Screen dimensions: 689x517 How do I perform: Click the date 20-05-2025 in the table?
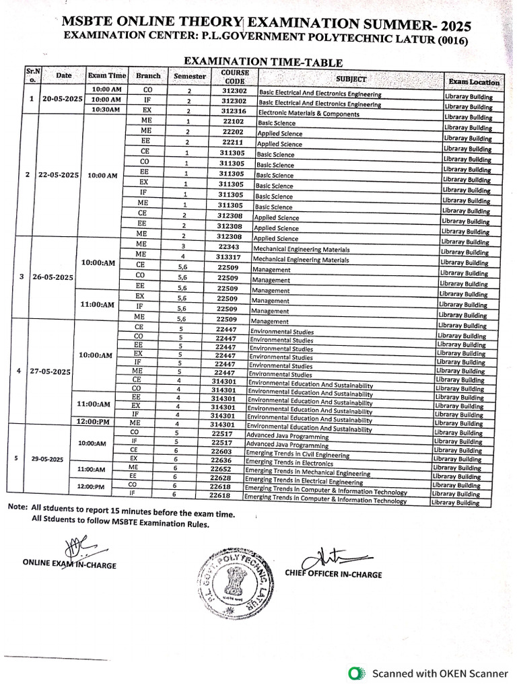(x=62, y=99)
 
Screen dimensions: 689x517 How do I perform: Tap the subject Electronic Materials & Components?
(x=308, y=114)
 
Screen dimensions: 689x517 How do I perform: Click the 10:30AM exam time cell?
(x=106, y=110)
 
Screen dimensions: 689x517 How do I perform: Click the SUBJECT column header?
(x=351, y=79)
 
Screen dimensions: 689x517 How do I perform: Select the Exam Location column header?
(x=474, y=82)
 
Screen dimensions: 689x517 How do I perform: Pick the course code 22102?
(x=233, y=122)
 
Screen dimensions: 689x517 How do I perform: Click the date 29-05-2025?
(x=47, y=459)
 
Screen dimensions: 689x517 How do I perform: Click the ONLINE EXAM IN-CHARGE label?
(x=69, y=565)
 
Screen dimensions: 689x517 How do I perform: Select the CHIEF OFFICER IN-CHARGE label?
(x=333, y=574)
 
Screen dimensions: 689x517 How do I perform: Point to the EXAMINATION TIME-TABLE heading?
(x=258, y=61)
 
